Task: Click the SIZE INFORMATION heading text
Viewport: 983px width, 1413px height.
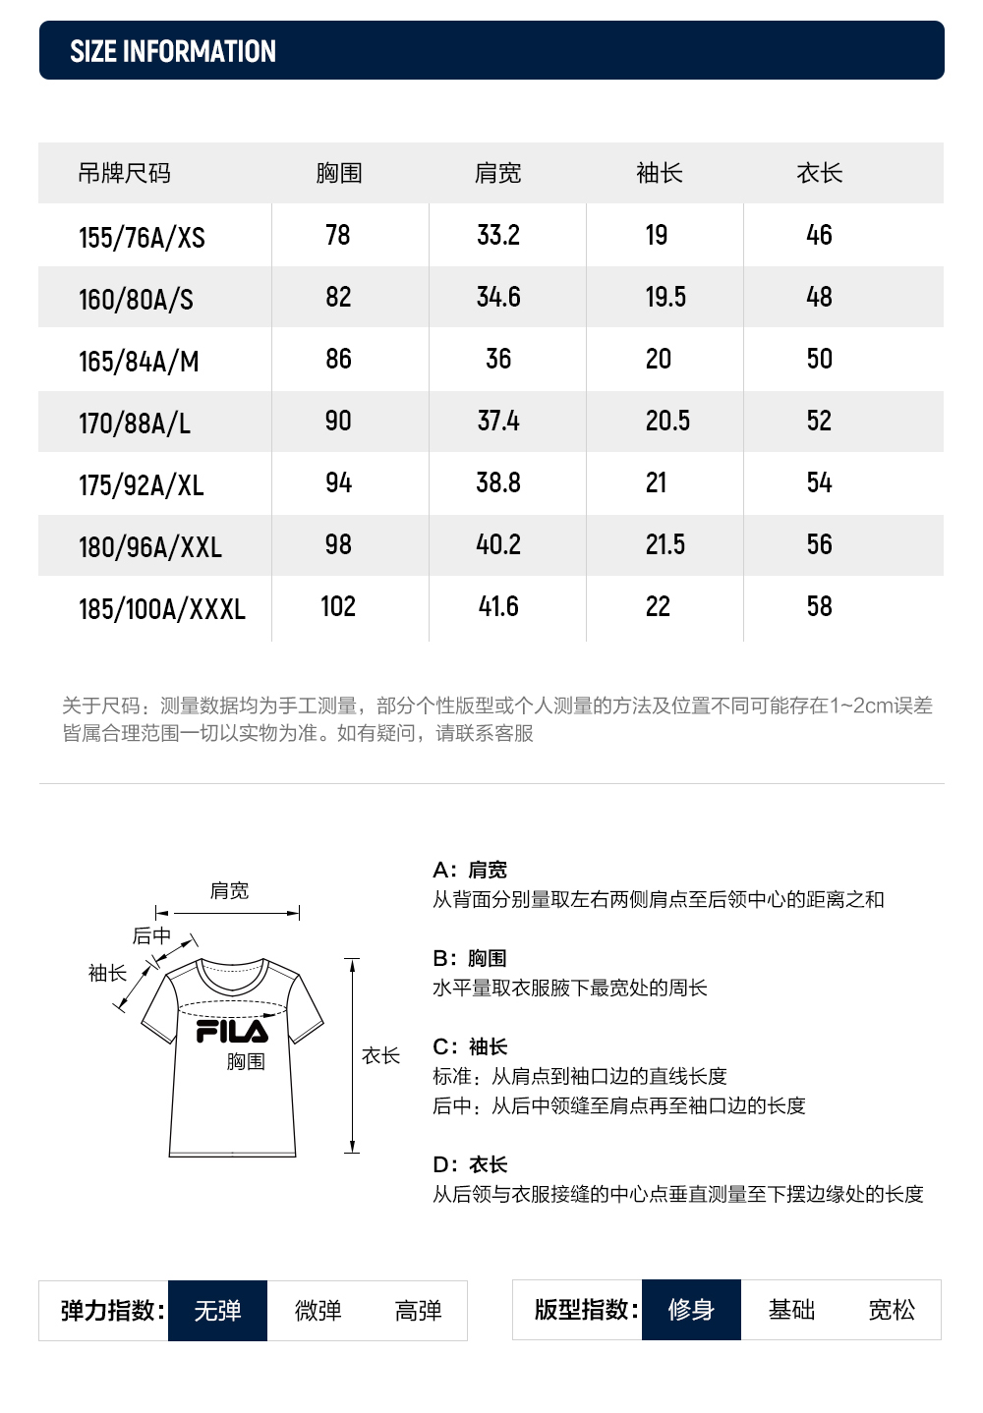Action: [173, 51]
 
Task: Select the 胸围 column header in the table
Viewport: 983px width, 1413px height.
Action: [339, 173]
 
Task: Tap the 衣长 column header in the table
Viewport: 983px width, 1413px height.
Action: [819, 173]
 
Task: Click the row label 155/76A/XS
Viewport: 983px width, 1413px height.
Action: [142, 237]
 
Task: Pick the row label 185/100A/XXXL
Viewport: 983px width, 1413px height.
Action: [161, 608]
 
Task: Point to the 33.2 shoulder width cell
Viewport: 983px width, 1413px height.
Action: [498, 235]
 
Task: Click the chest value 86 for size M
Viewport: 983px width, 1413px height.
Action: [338, 359]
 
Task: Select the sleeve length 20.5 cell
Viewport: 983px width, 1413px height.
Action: [667, 421]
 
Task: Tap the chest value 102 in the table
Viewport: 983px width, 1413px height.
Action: [338, 606]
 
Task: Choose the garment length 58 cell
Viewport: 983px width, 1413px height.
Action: [819, 606]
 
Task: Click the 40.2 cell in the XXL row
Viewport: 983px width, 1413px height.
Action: [498, 544]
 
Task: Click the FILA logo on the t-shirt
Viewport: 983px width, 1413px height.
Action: [232, 1031]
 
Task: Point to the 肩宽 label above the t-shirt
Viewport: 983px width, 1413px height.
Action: [229, 890]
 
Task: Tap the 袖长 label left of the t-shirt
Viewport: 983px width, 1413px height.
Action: [107, 973]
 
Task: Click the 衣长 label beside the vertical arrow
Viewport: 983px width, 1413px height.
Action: [380, 1055]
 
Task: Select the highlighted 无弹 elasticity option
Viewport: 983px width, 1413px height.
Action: [217, 1310]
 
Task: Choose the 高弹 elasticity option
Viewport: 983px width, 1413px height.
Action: [418, 1310]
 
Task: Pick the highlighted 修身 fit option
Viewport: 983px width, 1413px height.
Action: [691, 1309]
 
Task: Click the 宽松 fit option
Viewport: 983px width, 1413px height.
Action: [892, 1309]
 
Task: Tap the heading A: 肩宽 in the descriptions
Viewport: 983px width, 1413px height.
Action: [470, 870]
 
